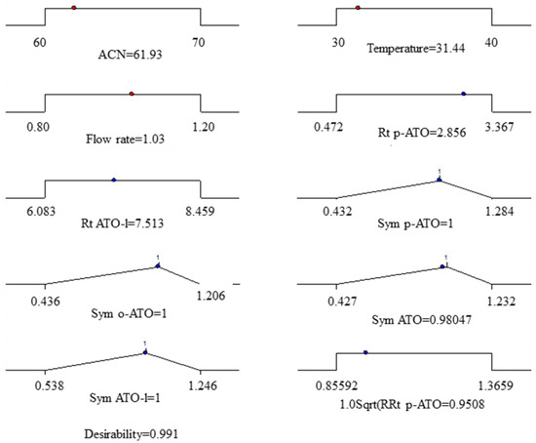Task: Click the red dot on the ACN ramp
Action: point(74,8)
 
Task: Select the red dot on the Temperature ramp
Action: point(359,8)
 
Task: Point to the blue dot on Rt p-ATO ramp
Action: point(463,95)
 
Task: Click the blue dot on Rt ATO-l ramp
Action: point(114,180)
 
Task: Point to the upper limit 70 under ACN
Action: point(201,43)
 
